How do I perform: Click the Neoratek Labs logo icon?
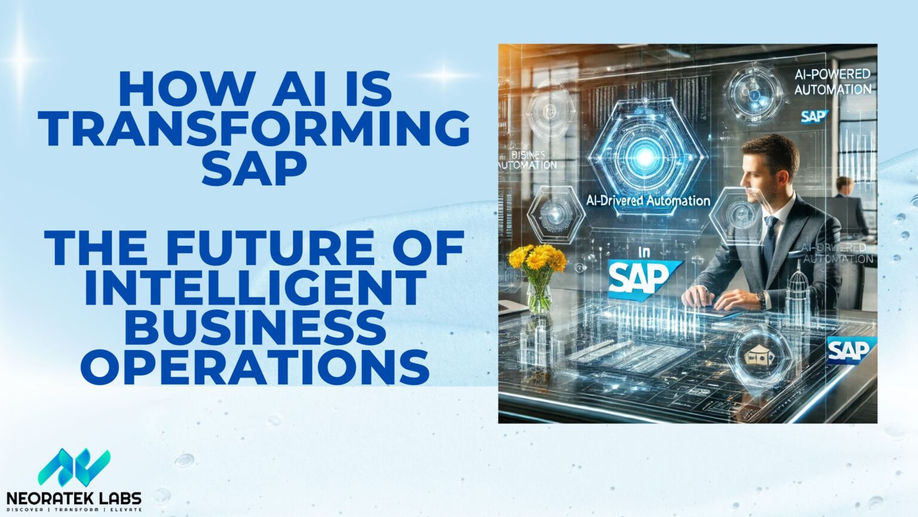pos(74,467)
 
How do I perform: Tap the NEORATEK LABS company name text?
pos(74,498)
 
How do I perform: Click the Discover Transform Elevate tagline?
pos(74,509)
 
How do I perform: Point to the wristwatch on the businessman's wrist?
pos(761,298)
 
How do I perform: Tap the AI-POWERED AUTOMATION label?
pos(832,82)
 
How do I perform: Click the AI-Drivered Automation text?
pos(648,201)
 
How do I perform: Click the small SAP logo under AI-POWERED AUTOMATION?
pos(813,116)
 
